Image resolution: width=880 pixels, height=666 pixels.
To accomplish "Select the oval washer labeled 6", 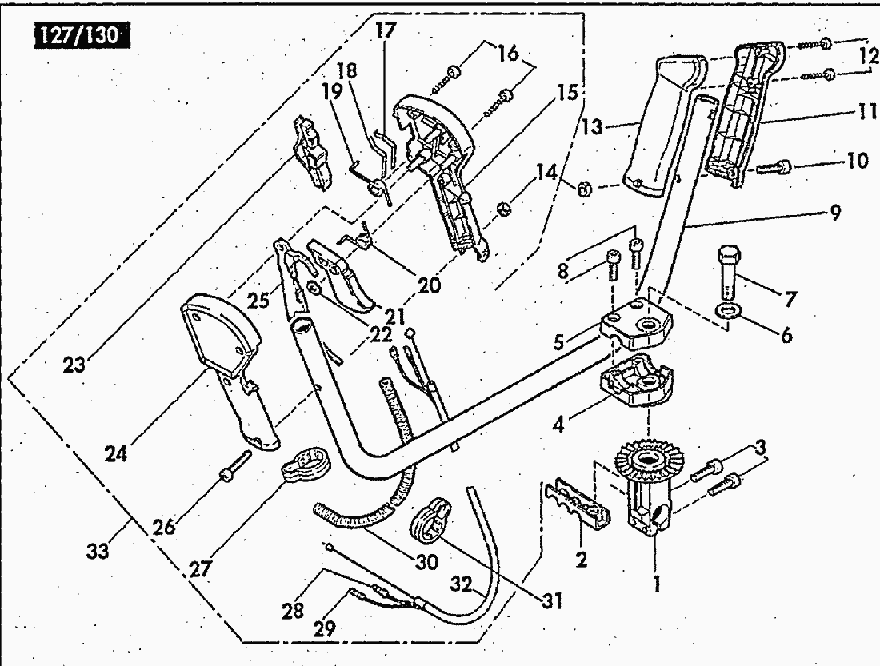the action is [x=726, y=309].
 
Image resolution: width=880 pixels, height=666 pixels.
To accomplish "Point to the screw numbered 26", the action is [x=235, y=465].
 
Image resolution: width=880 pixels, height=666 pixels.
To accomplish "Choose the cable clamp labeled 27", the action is [x=306, y=464].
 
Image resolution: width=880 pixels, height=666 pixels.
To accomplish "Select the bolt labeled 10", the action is [x=774, y=166].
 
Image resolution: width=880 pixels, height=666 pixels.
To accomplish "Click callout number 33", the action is [x=98, y=552].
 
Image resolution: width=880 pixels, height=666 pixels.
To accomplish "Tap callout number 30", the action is [x=426, y=561].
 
